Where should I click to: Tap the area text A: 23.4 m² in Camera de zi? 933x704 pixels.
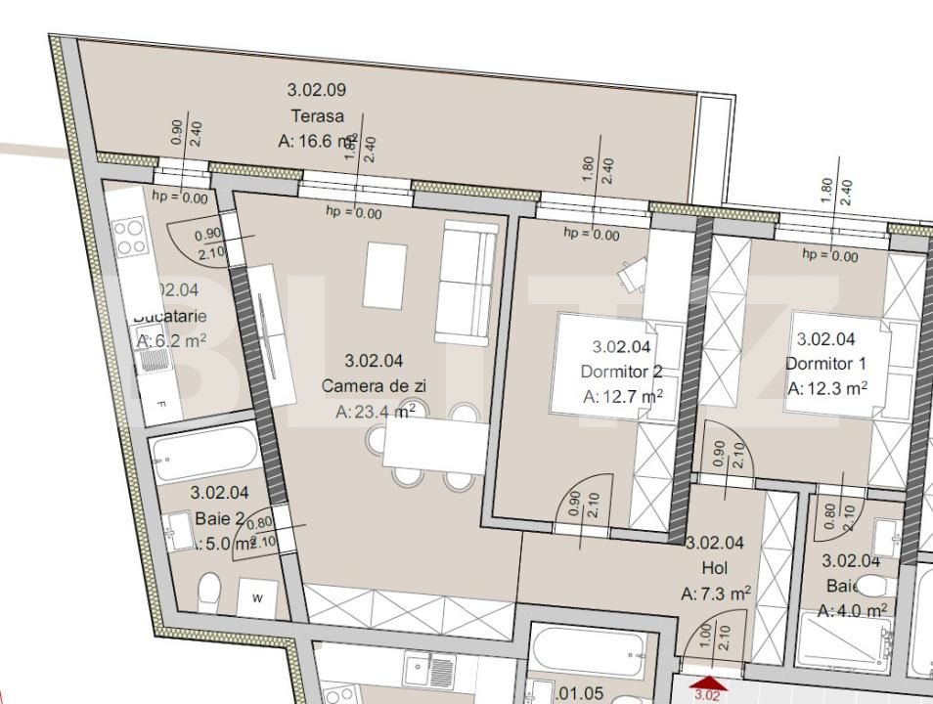[376, 412]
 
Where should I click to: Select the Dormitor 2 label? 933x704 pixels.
[622, 372]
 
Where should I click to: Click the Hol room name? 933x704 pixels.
[715, 568]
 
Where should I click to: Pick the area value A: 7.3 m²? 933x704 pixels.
[715, 594]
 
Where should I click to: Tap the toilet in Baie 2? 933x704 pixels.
[209, 592]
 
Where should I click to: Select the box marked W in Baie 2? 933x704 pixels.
[257, 597]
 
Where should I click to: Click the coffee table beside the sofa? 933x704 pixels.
[385, 274]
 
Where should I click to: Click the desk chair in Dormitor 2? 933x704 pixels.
[631, 274]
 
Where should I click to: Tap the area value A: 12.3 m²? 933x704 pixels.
[827, 388]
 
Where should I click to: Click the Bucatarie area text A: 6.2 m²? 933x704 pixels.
[171, 341]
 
